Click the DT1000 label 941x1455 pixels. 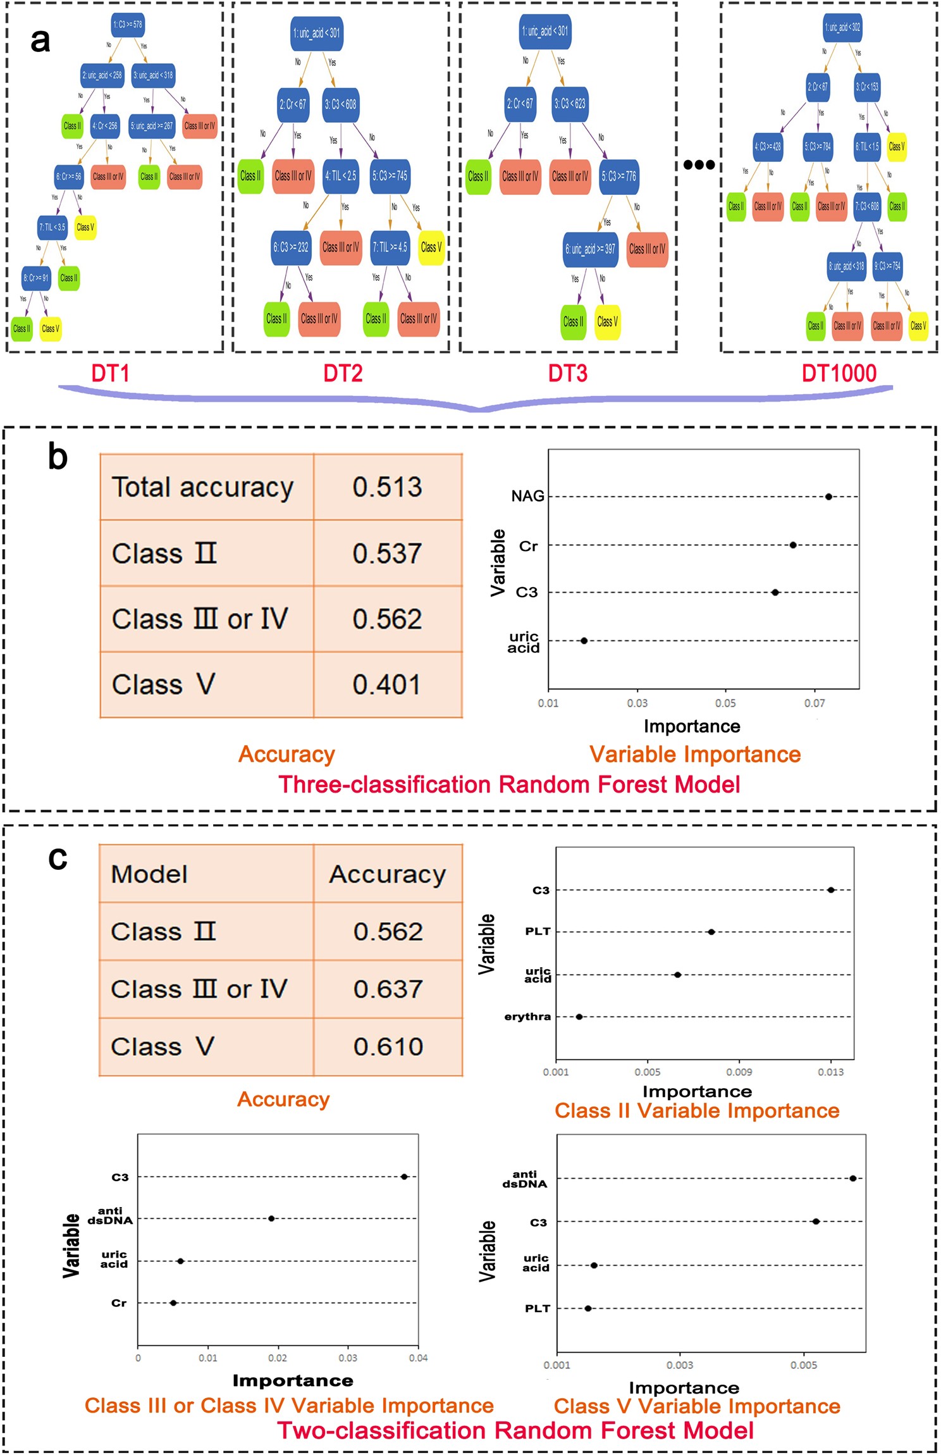(x=839, y=373)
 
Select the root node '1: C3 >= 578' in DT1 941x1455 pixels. (x=128, y=25)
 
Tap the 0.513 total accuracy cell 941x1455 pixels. (x=387, y=487)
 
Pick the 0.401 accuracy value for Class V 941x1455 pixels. (x=387, y=684)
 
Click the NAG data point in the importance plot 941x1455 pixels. (x=828, y=497)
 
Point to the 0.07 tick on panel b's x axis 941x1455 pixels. (x=815, y=703)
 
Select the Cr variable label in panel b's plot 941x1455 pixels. (x=528, y=546)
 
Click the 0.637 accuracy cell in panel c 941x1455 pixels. (x=388, y=989)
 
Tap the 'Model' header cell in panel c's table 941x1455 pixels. (x=149, y=874)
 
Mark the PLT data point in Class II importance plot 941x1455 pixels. (x=711, y=932)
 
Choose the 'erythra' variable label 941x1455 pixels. (x=527, y=1017)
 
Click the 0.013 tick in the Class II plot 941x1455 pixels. (x=830, y=1072)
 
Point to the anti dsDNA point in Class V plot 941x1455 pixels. (x=853, y=1178)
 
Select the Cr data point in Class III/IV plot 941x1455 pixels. (x=173, y=1303)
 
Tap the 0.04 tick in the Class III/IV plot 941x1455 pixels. (x=418, y=1358)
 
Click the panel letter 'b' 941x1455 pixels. (x=58, y=457)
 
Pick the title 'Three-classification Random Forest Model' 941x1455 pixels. (x=509, y=784)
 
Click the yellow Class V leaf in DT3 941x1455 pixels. (x=607, y=321)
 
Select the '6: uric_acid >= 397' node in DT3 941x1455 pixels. (x=590, y=249)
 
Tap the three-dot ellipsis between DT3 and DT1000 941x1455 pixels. (x=699, y=165)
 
